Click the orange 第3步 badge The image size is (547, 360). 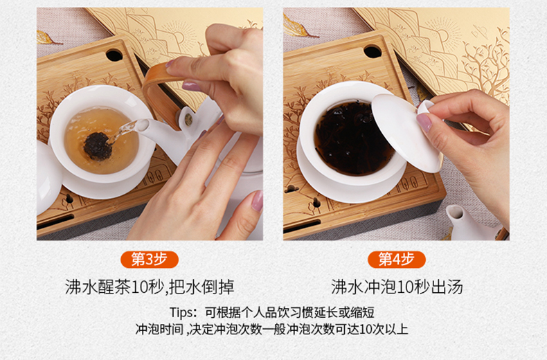pyautogui.click(x=150, y=260)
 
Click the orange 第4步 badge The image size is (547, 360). pyautogui.click(x=397, y=260)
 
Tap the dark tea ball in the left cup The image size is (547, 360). pyautogui.click(x=97, y=146)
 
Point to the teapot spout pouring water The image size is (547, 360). pyautogui.click(x=142, y=125)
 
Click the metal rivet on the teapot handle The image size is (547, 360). pyautogui.click(x=188, y=120)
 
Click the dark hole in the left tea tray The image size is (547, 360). pyautogui.click(x=114, y=55)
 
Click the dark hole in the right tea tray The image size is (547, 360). pyautogui.click(x=373, y=52)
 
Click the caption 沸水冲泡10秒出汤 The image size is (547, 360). pyautogui.click(x=397, y=287)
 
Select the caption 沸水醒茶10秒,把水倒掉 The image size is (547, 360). pyautogui.click(x=150, y=287)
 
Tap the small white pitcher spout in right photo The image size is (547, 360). pyautogui.click(x=455, y=213)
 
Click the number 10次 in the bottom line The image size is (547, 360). pyautogui.click(x=372, y=330)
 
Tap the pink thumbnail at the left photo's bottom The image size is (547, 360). pyautogui.click(x=258, y=201)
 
